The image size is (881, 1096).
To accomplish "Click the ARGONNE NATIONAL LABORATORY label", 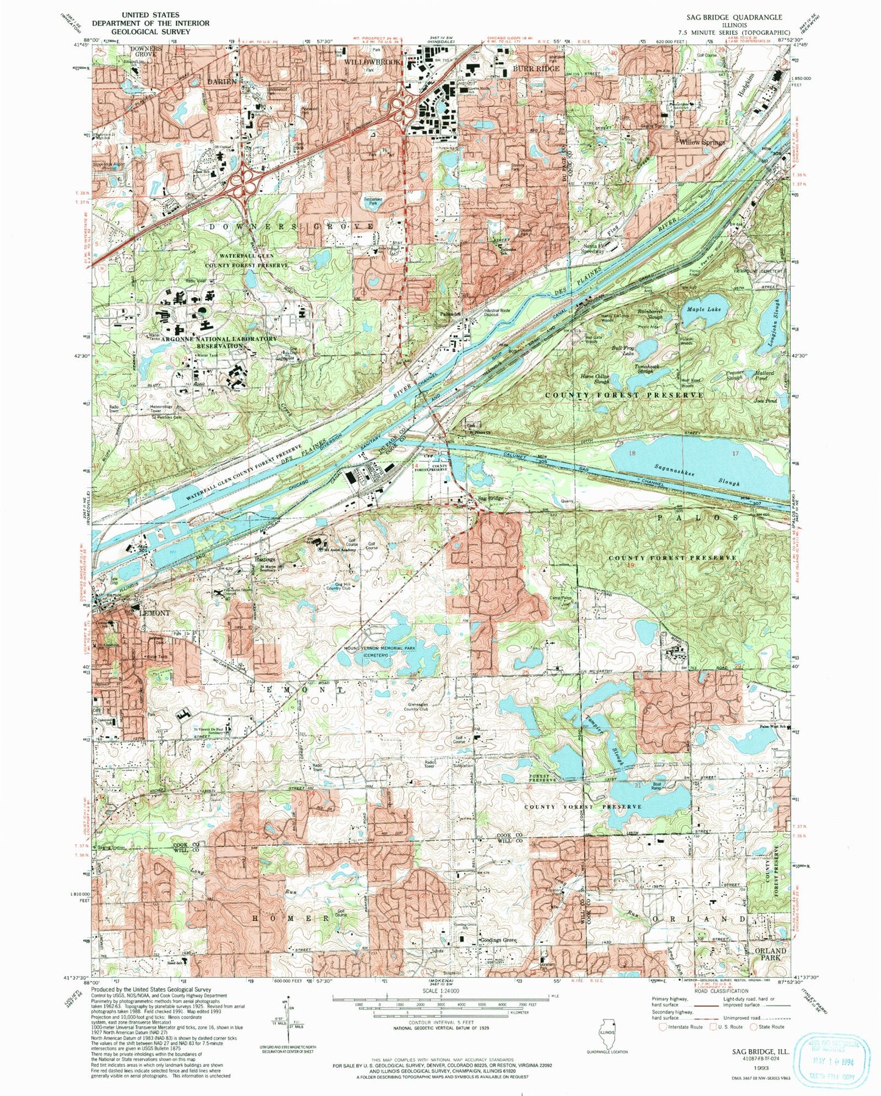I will pyautogui.click(x=210, y=338).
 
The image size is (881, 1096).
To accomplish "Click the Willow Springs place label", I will pyautogui.click(x=702, y=142).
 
